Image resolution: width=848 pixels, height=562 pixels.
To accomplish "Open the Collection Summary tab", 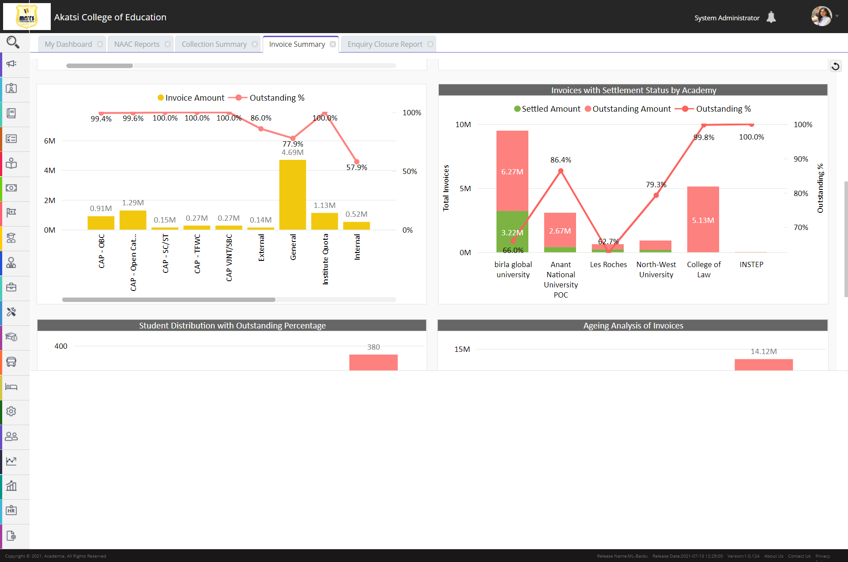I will [214, 44].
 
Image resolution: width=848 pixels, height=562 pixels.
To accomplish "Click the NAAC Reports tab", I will [136, 44].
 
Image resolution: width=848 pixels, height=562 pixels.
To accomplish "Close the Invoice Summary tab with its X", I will [333, 44].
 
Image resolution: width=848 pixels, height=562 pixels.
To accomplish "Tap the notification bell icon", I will [771, 17].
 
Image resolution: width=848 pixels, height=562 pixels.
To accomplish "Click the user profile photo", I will [821, 16].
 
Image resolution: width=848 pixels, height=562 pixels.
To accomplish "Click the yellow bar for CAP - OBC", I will [101, 223].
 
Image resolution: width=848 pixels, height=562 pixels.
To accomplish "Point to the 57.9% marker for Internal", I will [357, 162].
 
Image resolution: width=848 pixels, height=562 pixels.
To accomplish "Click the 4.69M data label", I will [293, 152].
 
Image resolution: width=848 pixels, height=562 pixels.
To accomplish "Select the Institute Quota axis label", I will [325, 259].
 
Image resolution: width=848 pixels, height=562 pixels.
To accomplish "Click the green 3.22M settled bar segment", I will [512, 231].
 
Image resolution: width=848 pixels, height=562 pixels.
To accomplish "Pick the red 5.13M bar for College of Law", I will [703, 219].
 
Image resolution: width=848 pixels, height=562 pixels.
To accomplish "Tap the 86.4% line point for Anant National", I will [561, 171].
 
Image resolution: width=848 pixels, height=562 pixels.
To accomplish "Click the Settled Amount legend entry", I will [547, 109].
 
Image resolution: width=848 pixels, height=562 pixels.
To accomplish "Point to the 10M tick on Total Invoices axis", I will [463, 124].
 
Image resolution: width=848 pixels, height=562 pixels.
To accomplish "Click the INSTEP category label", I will [751, 264].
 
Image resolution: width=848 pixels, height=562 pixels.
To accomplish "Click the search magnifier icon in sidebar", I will [12, 42].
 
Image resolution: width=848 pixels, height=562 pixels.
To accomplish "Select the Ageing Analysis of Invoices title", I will [633, 325].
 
